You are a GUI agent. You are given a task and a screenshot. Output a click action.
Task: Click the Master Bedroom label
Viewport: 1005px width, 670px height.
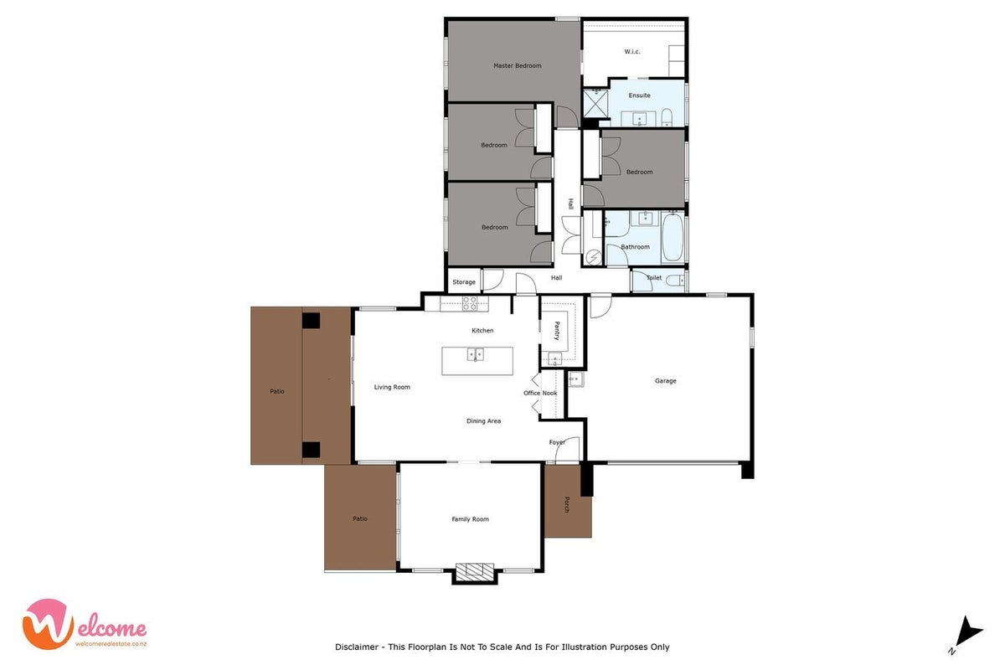(518, 65)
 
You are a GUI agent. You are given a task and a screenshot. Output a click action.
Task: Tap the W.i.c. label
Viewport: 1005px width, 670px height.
(632, 52)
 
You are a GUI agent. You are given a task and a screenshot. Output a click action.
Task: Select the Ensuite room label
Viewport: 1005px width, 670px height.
(639, 95)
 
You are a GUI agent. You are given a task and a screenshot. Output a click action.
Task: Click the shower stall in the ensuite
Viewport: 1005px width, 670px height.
(595, 103)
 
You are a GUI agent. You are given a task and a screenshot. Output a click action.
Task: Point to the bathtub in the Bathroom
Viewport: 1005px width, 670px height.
(673, 237)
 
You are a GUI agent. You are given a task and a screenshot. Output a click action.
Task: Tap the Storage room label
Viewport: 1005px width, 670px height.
(464, 282)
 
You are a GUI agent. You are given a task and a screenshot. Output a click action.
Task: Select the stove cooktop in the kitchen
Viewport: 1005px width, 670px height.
(470, 303)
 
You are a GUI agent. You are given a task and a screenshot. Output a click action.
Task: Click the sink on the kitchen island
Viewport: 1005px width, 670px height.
(475, 354)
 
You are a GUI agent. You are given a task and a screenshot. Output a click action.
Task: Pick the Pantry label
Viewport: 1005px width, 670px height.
(557, 331)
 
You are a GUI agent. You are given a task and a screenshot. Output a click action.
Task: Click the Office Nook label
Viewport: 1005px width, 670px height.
(540, 393)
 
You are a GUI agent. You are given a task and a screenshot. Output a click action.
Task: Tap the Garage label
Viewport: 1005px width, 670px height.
(665, 380)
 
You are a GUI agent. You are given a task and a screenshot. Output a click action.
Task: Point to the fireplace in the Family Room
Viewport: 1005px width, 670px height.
(475, 570)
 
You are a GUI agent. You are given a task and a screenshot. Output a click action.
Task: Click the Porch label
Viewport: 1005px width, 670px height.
(567, 504)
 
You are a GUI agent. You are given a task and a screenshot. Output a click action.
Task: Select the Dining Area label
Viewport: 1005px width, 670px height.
(484, 421)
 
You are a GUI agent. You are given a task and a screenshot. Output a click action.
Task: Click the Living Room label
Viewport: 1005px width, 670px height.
(392, 387)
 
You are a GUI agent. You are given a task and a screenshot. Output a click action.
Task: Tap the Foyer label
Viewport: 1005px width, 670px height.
(557, 442)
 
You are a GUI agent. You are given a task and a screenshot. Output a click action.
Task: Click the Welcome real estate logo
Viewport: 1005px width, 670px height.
(85, 624)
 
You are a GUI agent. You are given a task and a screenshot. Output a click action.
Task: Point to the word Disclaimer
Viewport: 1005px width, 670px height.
(357, 647)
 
